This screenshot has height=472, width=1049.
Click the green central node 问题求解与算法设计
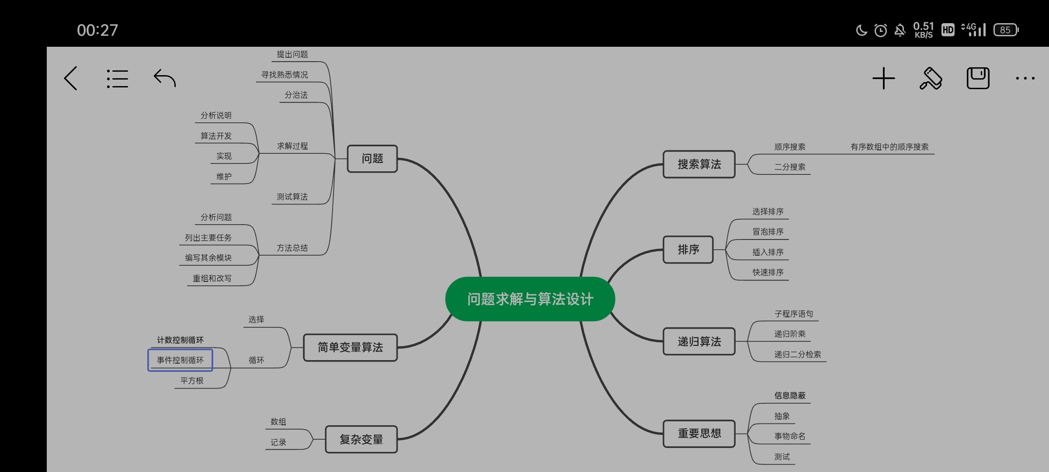pyautogui.click(x=530, y=299)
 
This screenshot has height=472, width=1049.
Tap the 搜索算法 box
pyautogui.click(x=699, y=164)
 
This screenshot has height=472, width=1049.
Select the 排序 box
pyautogui.click(x=688, y=250)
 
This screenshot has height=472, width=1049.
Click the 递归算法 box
pyautogui.click(x=699, y=341)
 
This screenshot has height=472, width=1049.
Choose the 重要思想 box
pyautogui.click(x=699, y=434)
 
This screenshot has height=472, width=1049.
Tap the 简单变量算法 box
pyautogui.click(x=350, y=347)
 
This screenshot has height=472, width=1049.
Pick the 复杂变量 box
pyautogui.click(x=361, y=439)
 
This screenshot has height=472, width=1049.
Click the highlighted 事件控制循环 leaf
pyautogui.click(x=180, y=360)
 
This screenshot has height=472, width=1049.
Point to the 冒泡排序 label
pyautogui.click(x=768, y=232)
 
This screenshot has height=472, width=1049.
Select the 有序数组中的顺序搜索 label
pyautogui.click(x=889, y=147)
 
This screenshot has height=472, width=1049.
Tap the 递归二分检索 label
pyautogui.click(x=797, y=354)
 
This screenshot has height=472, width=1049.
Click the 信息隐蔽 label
pyautogui.click(x=789, y=396)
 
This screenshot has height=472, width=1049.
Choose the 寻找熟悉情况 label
pyautogui.click(x=285, y=75)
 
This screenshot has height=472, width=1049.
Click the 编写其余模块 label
pyautogui.click(x=208, y=258)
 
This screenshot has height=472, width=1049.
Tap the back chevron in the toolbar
pyautogui.click(x=71, y=79)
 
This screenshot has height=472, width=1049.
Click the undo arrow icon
pyautogui.click(x=165, y=79)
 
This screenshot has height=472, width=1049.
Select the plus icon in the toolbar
pyautogui.click(x=883, y=79)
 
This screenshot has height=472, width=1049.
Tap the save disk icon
pyautogui.click(x=978, y=79)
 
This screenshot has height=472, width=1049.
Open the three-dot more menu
pyautogui.click(x=1025, y=79)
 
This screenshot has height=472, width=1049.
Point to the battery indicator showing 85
pyautogui.click(x=1006, y=30)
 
